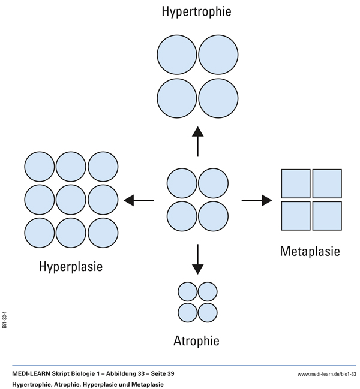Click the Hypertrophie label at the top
coord(196,11)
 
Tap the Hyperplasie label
coord(71,266)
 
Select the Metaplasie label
coord(310,251)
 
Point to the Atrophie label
coord(196,341)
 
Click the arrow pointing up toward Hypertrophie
coord(197,141)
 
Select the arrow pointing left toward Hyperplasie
coord(139,200)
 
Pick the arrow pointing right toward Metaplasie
coord(256,200)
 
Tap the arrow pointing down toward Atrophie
coord(197,258)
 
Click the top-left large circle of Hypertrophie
coord(176,55)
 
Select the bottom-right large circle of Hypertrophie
coord(218,97)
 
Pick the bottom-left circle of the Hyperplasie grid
coord(39,233)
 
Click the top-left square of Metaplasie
coord(296,184)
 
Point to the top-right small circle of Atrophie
coord(208,292)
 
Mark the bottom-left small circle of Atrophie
coord(188,312)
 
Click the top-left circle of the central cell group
coord(182,184)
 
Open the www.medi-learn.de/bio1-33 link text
coord(326,373)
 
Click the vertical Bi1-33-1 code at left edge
coord(5,320)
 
